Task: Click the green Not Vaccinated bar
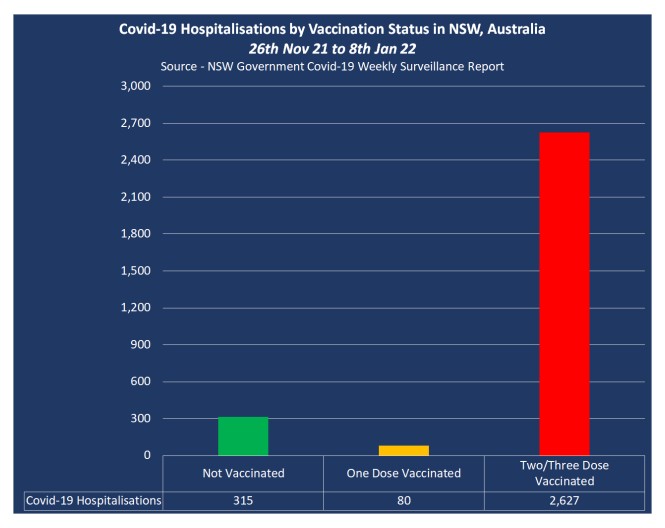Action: (x=243, y=436)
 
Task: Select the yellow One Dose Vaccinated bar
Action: (x=404, y=450)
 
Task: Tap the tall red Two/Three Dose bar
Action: (x=564, y=294)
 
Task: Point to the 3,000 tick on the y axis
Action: (x=136, y=86)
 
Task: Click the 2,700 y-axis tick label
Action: (x=136, y=123)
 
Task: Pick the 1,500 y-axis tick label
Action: (x=136, y=271)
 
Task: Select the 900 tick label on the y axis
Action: (x=140, y=344)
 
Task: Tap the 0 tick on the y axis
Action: (x=147, y=455)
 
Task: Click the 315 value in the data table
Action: (x=243, y=500)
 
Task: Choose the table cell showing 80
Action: (x=404, y=500)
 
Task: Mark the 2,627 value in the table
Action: (x=564, y=500)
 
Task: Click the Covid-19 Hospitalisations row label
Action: (x=94, y=500)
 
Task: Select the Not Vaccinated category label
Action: (x=243, y=473)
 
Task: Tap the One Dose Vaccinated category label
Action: (x=404, y=473)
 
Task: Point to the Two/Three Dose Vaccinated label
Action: (x=564, y=473)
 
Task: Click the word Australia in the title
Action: (x=517, y=29)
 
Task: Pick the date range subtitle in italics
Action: (x=332, y=49)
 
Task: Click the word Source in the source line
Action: (x=179, y=67)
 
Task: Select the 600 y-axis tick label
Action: (x=140, y=381)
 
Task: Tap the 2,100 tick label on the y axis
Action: (x=136, y=197)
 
